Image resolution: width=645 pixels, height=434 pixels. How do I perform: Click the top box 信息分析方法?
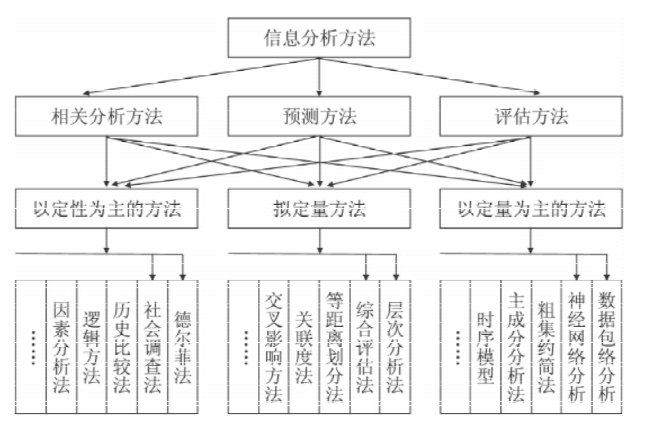tap(319, 38)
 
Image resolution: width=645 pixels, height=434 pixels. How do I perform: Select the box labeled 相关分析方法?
tap(106, 117)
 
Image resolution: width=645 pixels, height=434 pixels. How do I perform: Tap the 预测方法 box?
tap(319, 117)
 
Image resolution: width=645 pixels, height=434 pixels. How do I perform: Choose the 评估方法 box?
tap(531, 117)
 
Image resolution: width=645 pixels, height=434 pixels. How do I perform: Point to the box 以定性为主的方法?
tap(106, 209)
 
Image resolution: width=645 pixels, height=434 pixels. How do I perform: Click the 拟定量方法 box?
tap(319, 209)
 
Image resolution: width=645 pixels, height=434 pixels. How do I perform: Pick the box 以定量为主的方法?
tap(531, 209)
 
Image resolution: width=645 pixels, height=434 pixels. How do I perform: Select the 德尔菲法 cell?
tap(183, 347)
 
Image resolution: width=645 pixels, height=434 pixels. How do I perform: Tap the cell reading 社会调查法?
tap(153, 347)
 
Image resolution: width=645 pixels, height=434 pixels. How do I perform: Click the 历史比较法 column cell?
tap(122, 347)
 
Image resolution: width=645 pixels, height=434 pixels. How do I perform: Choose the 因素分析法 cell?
tap(61, 347)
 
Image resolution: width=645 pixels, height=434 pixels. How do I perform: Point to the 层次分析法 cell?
tap(395, 347)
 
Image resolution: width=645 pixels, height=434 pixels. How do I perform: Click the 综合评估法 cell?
tap(365, 347)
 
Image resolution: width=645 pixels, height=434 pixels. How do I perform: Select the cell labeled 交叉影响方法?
tap(274, 347)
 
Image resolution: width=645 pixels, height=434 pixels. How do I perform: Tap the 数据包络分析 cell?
tap(607, 347)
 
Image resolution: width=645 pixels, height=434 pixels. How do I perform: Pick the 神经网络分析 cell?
tap(577, 347)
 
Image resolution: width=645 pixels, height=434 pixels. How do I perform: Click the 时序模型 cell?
tap(486, 347)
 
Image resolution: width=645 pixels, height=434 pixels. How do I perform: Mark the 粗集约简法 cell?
tap(547, 347)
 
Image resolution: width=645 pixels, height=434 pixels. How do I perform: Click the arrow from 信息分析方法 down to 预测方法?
tap(319, 77)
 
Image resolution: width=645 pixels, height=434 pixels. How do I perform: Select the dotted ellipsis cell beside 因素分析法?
tap(31, 347)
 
